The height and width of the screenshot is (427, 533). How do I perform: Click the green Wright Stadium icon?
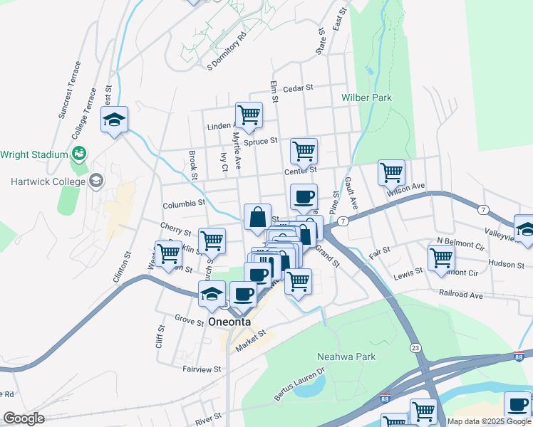(78, 153)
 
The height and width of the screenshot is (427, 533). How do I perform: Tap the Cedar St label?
(298, 88)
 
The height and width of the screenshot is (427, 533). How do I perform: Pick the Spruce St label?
(260, 142)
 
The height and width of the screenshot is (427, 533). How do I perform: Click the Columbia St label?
(184, 204)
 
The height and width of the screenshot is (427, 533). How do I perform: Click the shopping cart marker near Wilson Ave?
(391, 172)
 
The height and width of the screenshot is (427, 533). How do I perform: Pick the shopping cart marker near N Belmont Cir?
(441, 256)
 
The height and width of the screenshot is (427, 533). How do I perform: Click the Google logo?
(24, 419)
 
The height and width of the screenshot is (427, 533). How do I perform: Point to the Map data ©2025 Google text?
(488, 421)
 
